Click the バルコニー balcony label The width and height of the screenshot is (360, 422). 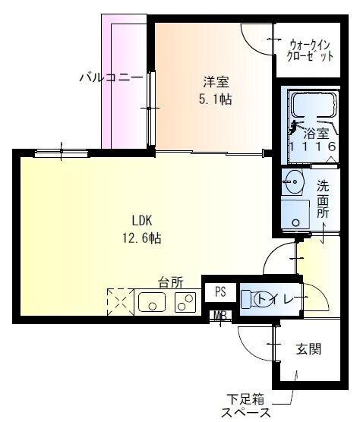[111, 77]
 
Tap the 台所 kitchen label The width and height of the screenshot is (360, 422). [170, 282]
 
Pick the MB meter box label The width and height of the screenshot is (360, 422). [219, 316]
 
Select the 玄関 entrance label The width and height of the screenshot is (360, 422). [308, 349]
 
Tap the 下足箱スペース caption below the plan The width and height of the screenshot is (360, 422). [247, 405]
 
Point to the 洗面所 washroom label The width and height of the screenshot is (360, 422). [323, 200]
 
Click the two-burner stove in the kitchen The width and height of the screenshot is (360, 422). [185, 303]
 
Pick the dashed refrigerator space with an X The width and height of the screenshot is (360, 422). [120, 301]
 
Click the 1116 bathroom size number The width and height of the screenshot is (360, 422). [311, 146]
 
